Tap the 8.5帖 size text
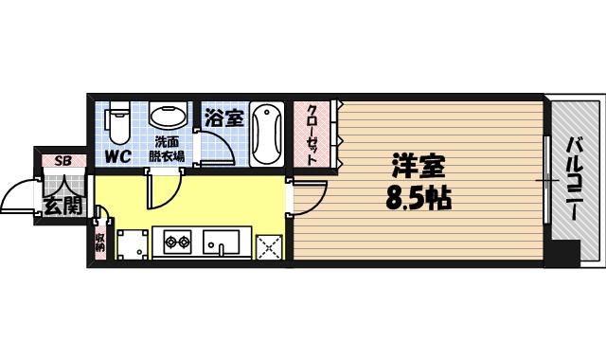tap(418, 199)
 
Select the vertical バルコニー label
tap(575, 180)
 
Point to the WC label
tap(117, 156)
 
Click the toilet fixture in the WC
tap(117, 121)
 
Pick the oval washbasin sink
tap(169, 118)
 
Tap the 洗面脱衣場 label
tap(169, 150)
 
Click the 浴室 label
tap(223, 119)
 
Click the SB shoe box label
tap(62, 160)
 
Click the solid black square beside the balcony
tap(565, 253)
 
